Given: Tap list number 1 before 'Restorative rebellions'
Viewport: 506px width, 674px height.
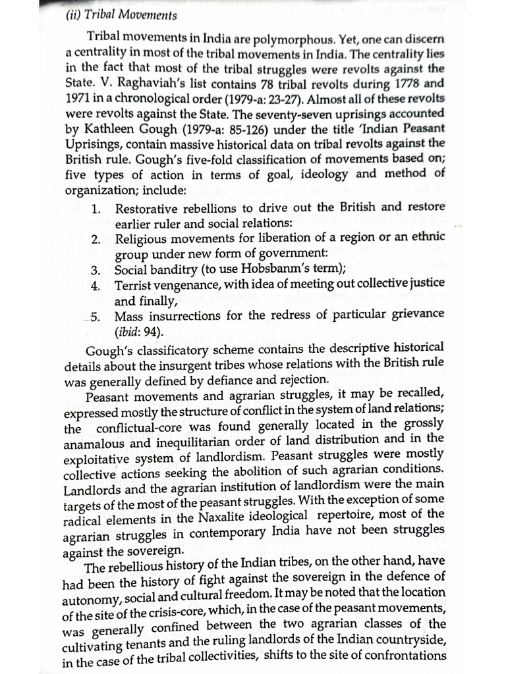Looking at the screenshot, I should coord(95,209).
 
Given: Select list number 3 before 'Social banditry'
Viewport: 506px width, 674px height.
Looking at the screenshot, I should coord(95,269).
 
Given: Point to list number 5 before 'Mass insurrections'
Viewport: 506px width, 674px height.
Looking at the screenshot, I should coord(95,316).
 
